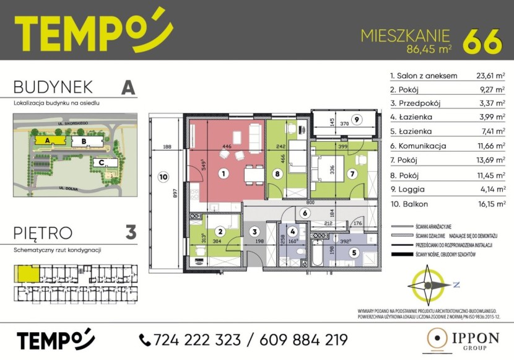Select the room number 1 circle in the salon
tap(222, 174)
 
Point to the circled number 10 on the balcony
tap(162, 175)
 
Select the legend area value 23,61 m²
tap(490, 76)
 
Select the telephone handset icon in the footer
tap(145, 340)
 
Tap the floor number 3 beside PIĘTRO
tap(130, 233)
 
